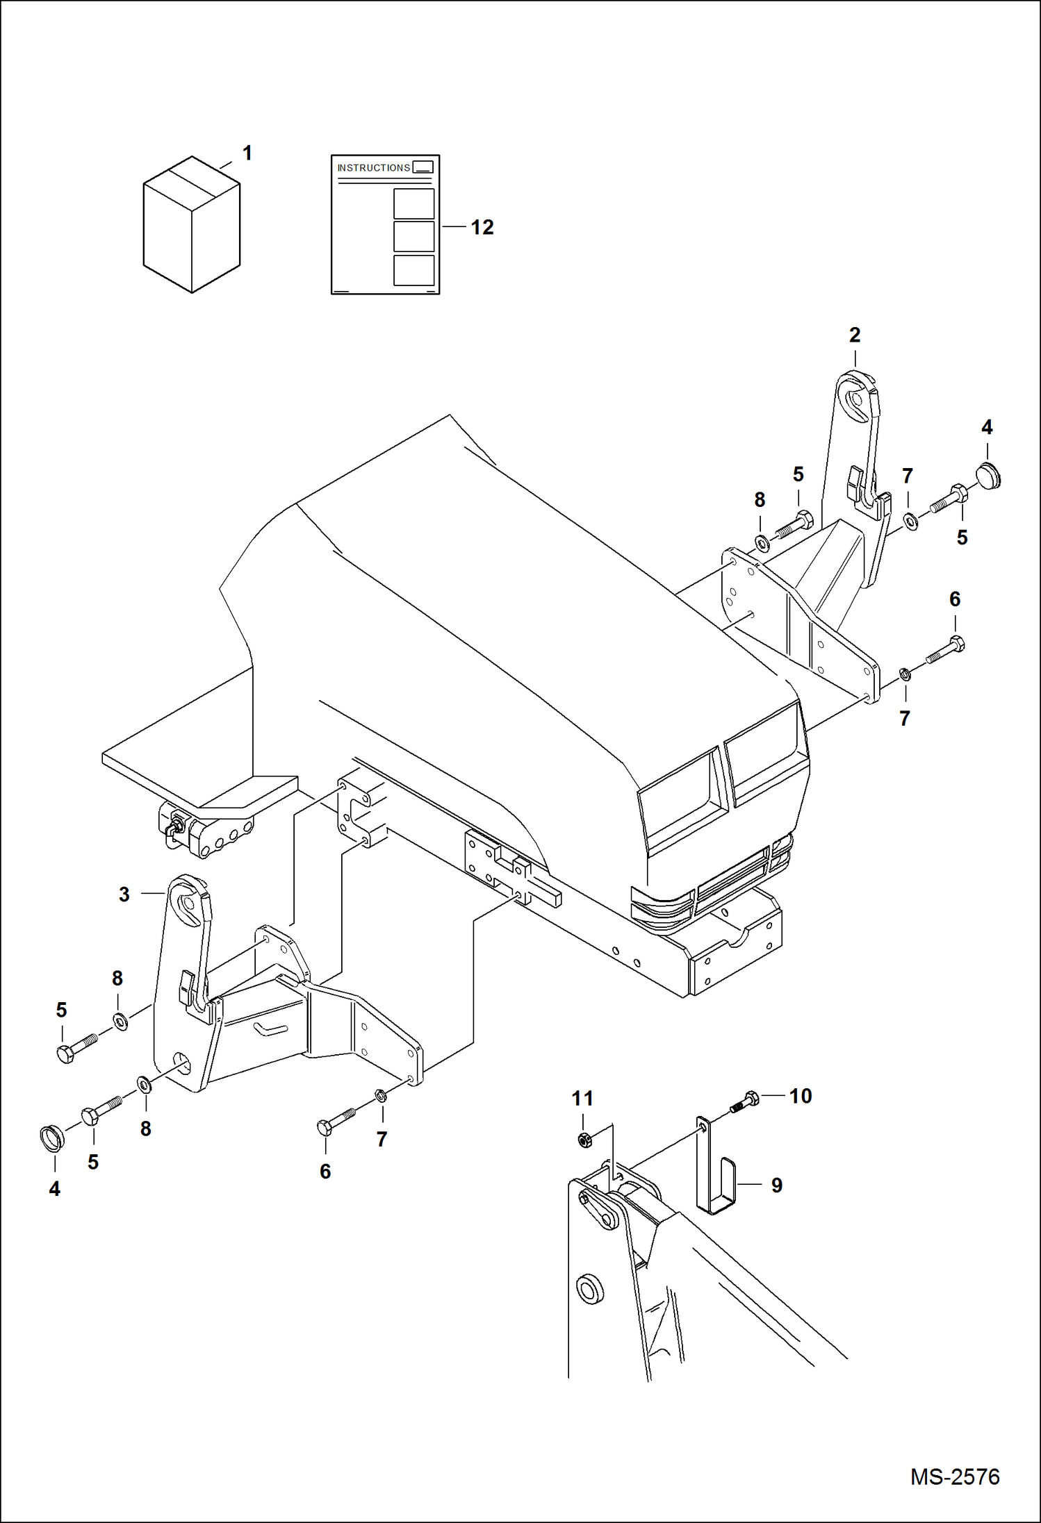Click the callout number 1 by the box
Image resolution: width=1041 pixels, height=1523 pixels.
click(247, 153)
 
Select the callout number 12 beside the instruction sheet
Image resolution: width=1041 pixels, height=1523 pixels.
click(482, 227)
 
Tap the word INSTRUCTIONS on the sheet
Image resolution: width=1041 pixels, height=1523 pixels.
click(373, 167)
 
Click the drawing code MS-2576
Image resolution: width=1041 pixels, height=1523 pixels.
click(955, 1476)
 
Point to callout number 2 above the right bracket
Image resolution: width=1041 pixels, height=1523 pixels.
click(855, 335)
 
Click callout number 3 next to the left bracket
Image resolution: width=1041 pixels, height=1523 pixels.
click(124, 894)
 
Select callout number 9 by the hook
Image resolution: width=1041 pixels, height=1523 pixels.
click(777, 1185)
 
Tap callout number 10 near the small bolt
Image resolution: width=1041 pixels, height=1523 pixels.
click(800, 1096)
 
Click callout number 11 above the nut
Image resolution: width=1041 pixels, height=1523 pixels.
click(582, 1098)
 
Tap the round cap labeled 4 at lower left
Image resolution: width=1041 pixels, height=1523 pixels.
click(50, 1138)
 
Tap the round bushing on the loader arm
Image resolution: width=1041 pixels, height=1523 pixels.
click(591, 1288)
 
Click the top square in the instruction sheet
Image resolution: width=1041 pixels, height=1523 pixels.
click(413, 203)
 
